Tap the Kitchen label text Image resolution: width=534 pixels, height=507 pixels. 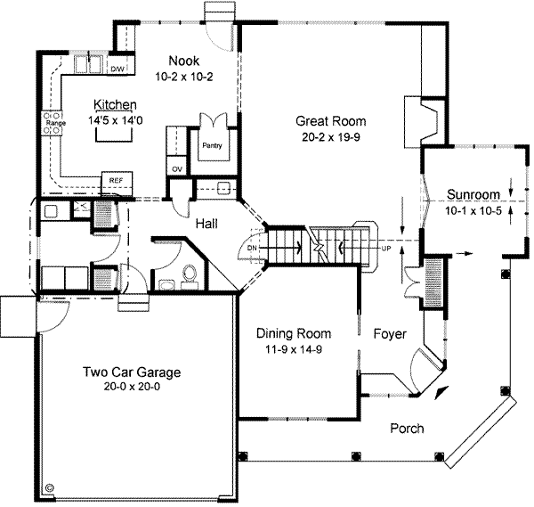pyautogui.click(x=116, y=103)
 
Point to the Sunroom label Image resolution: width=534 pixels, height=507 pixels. pyautogui.click(x=473, y=194)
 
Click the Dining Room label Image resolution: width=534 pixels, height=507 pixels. pyautogui.click(x=294, y=333)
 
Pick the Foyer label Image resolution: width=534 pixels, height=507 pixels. pyautogui.click(x=390, y=334)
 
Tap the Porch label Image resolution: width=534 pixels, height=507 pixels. pyautogui.click(x=407, y=429)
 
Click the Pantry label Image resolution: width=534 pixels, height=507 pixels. pyautogui.click(x=212, y=145)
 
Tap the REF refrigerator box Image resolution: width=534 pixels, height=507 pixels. pyautogui.click(x=117, y=180)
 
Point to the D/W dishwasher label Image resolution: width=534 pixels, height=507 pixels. pyautogui.click(x=117, y=69)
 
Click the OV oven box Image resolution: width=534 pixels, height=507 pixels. pyautogui.click(x=176, y=168)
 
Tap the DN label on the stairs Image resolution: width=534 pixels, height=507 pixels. pyautogui.click(x=252, y=247)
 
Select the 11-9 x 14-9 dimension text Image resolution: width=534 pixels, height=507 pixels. pyautogui.click(x=294, y=348)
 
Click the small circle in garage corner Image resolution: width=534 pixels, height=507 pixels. pyautogui.click(x=49, y=488)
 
